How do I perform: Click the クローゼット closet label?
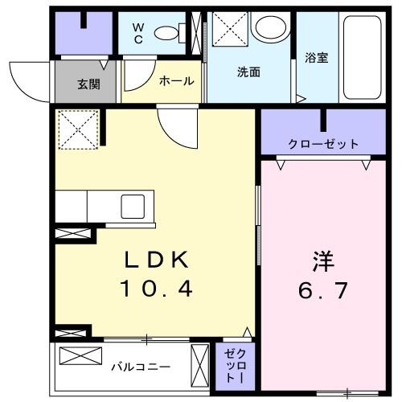(323, 145)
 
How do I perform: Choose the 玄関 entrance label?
(88, 82)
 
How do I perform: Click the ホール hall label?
(175, 81)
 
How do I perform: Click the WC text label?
(138, 31)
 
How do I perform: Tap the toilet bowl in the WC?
(166, 32)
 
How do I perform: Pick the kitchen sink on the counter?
(132, 206)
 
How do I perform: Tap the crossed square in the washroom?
(229, 33)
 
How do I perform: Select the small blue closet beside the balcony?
(232, 366)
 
